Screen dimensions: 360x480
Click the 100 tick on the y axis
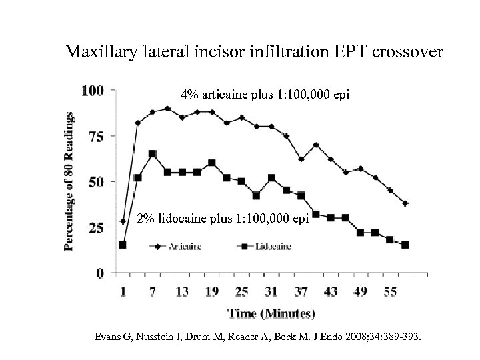tap(93, 90)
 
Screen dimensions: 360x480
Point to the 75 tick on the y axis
tap(97, 137)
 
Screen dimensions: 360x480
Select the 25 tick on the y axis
tap(97, 228)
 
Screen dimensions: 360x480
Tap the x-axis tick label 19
tap(212, 291)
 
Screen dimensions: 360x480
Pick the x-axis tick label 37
tap(301, 291)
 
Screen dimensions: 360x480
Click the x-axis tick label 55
tap(390, 291)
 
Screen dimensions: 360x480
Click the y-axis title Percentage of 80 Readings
tap(70, 181)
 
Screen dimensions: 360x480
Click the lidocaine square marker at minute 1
tap(122, 245)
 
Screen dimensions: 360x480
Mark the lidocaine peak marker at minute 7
tap(153, 154)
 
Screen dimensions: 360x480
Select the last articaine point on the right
tap(405, 203)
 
